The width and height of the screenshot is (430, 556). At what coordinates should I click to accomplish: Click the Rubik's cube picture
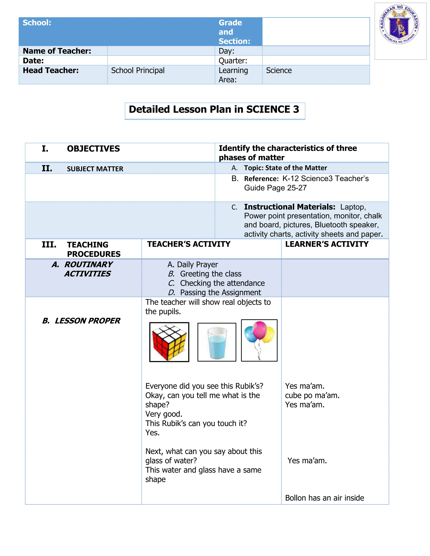pos(169,342)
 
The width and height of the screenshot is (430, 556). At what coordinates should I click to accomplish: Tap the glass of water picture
pos(217,342)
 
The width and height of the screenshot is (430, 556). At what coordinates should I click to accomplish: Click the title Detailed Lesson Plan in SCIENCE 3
pos(214,110)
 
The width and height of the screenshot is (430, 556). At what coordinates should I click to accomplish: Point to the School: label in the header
pos(37,23)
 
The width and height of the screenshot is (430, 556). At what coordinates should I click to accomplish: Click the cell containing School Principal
pos(138,70)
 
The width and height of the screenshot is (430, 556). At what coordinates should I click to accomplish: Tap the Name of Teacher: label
pos(57,51)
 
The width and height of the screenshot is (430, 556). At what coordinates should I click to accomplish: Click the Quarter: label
pos(233,61)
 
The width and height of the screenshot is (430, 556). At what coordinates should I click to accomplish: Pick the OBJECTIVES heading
pos(93,149)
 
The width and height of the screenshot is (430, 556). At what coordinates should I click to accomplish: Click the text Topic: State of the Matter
pos(285,168)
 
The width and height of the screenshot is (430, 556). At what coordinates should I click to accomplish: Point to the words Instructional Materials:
pos(290,207)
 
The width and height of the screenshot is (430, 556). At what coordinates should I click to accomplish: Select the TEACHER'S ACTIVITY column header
pos(189,244)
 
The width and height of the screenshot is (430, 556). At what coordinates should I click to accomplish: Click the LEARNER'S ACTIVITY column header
pos(326,244)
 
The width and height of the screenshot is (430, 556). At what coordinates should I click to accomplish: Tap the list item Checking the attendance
pos(222,283)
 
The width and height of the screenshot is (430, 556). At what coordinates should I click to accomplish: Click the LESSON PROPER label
pos(87,321)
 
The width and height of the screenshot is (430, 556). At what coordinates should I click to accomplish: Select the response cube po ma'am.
pos(312,395)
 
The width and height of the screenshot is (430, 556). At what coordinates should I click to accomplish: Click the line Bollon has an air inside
pos(324,498)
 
